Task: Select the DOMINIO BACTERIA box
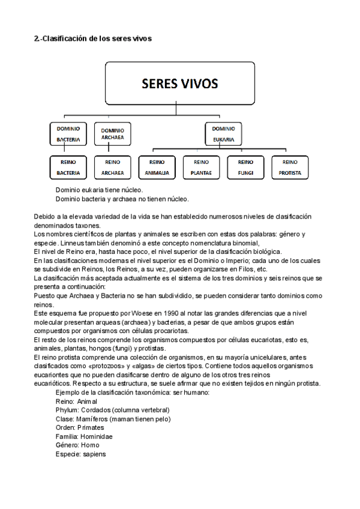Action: point(68,134)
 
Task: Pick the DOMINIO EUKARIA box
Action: point(223,134)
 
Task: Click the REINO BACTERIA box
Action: point(68,167)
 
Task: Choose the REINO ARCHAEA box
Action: point(113,167)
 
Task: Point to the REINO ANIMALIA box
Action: point(157,167)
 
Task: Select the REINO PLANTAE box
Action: point(202,167)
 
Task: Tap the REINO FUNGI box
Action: point(246,167)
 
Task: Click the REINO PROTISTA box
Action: point(290,167)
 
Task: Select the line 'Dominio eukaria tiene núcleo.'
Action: point(99,190)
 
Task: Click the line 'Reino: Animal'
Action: point(76,401)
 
